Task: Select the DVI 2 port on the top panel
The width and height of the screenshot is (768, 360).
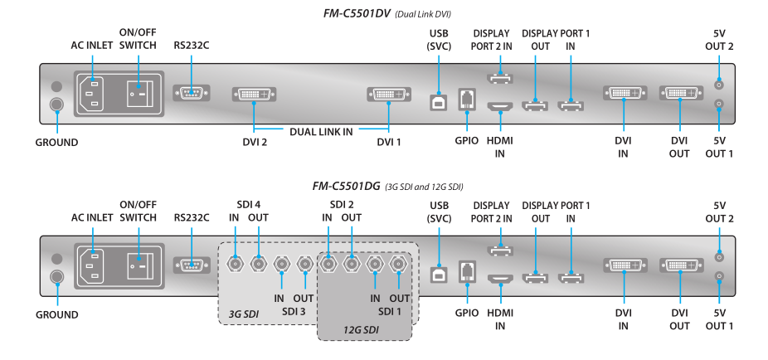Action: [x=255, y=95]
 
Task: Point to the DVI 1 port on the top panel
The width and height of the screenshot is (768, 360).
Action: [x=388, y=95]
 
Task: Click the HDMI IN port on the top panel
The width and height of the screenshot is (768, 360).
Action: [x=500, y=107]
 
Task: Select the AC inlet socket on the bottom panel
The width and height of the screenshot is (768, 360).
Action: [x=93, y=266]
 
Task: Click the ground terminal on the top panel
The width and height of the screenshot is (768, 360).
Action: [x=56, y=105]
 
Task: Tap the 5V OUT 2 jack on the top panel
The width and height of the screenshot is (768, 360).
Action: [x=719, y=84]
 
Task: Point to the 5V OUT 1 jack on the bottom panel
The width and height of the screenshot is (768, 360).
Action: [x=719, y=276]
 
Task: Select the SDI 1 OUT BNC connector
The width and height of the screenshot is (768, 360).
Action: [x=399, y=265]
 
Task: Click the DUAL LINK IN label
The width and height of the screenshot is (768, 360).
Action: [x=322, y=131]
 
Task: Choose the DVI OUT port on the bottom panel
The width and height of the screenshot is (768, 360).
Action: [x=679, y=266]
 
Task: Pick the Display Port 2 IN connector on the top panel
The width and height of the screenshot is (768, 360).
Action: [x=500, y=79]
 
